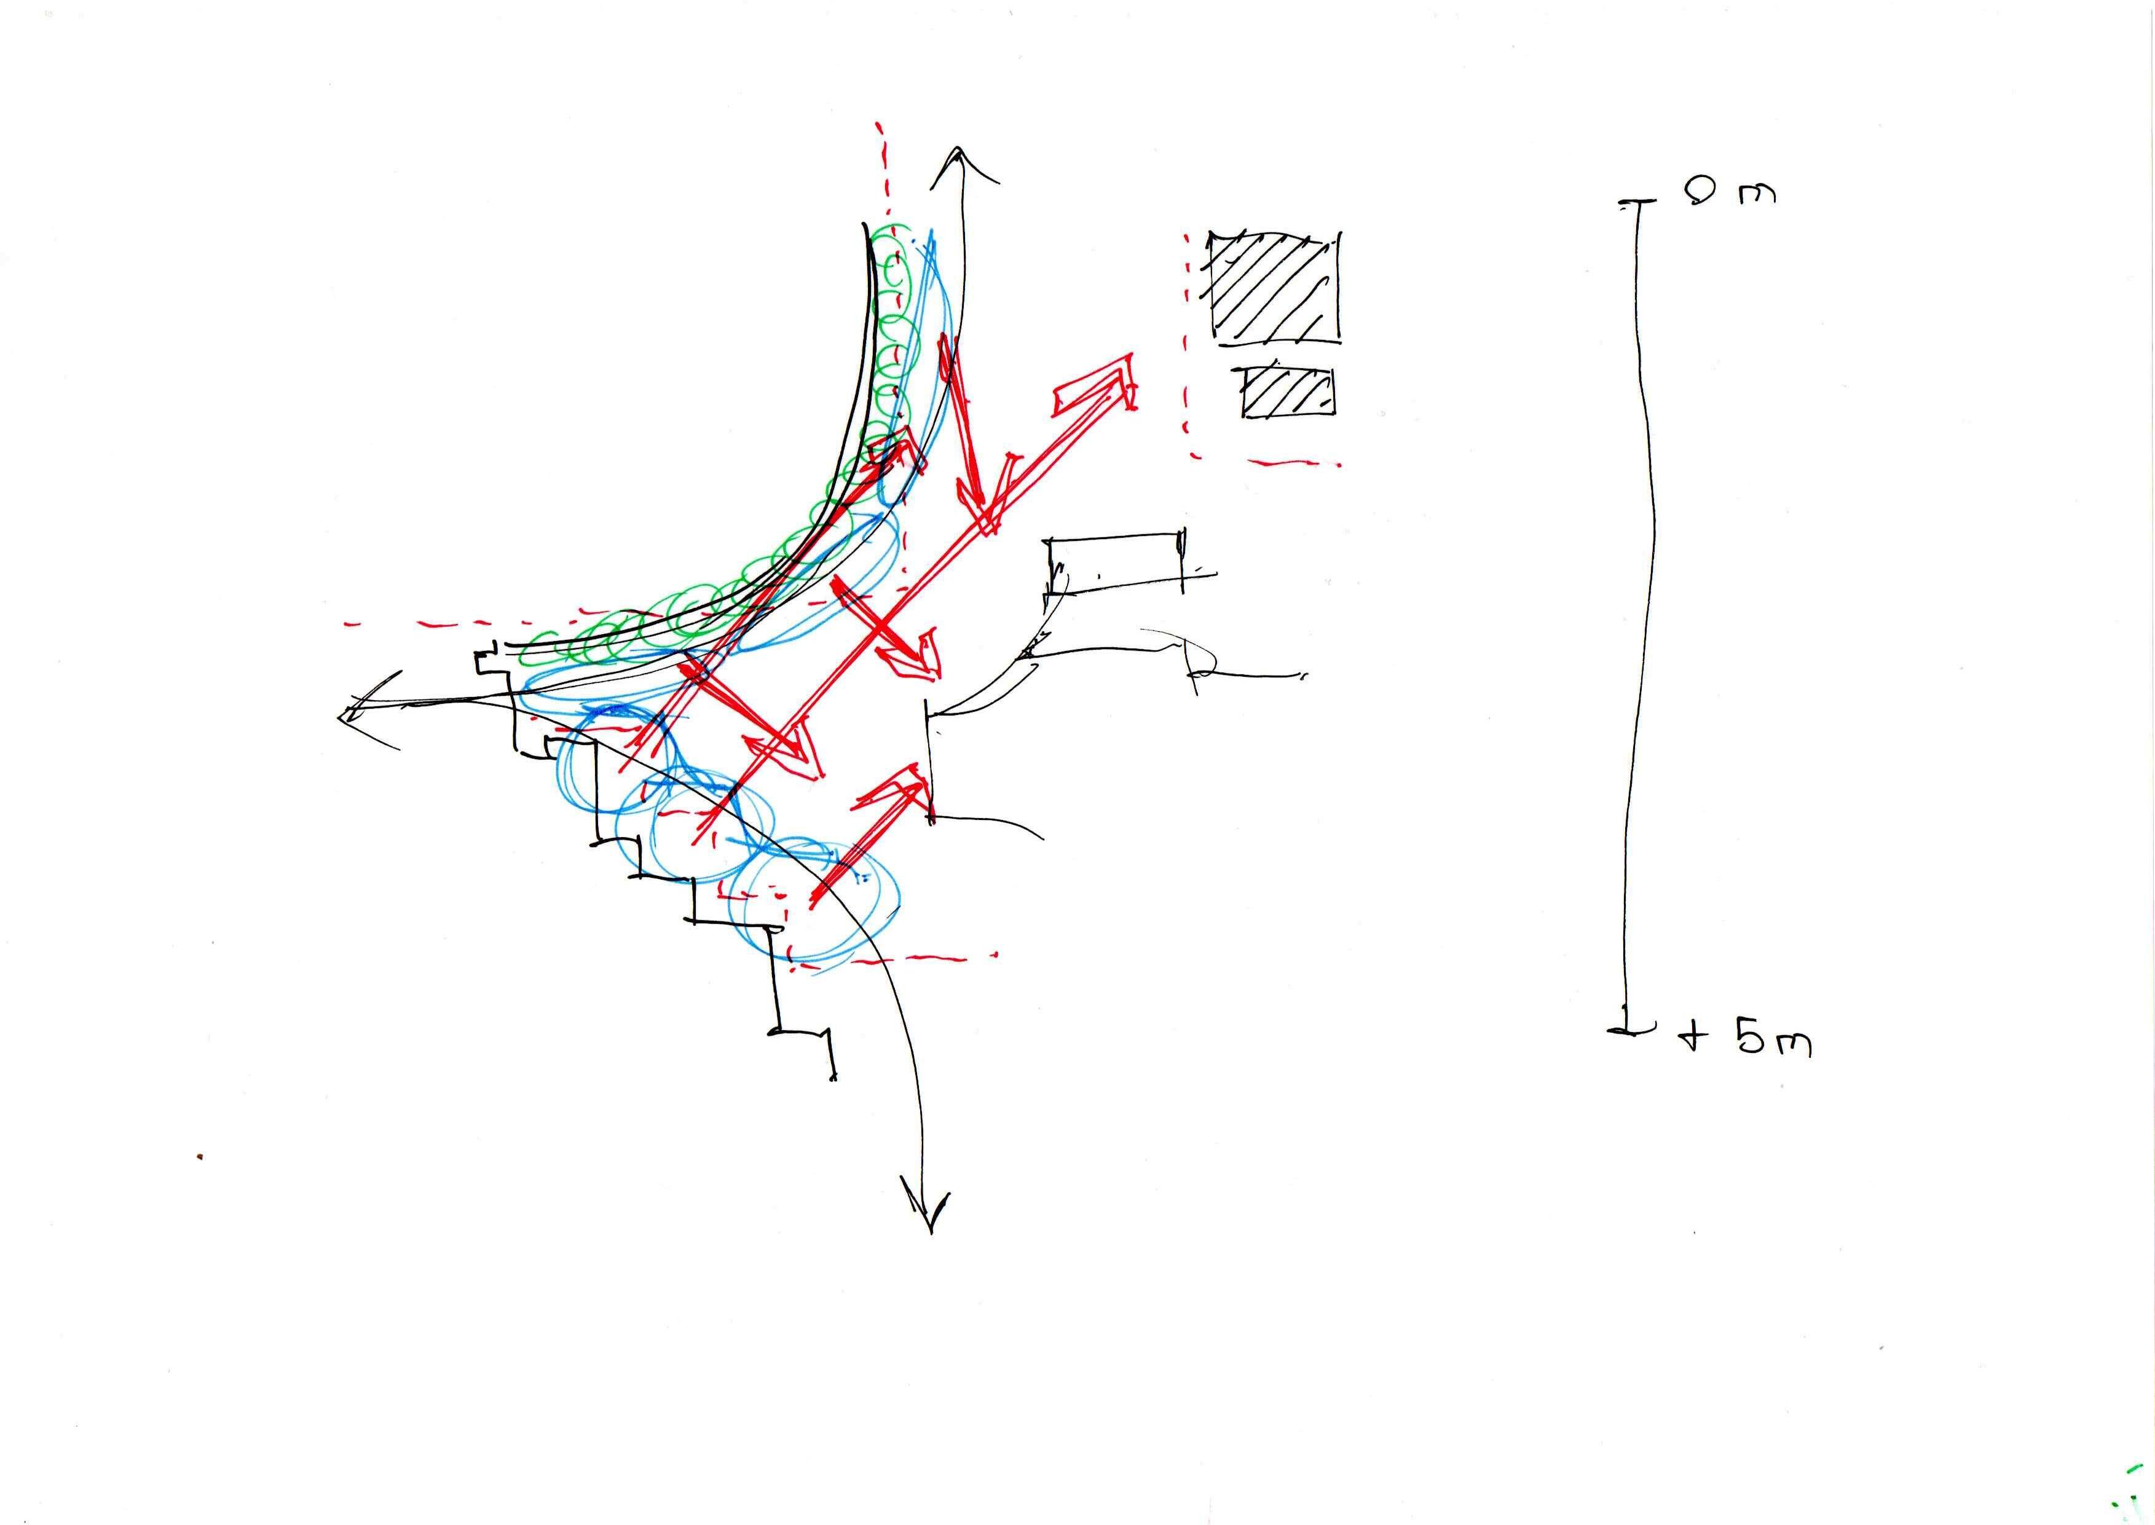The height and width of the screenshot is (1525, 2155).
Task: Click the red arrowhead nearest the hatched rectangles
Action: tap(1113, 385)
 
